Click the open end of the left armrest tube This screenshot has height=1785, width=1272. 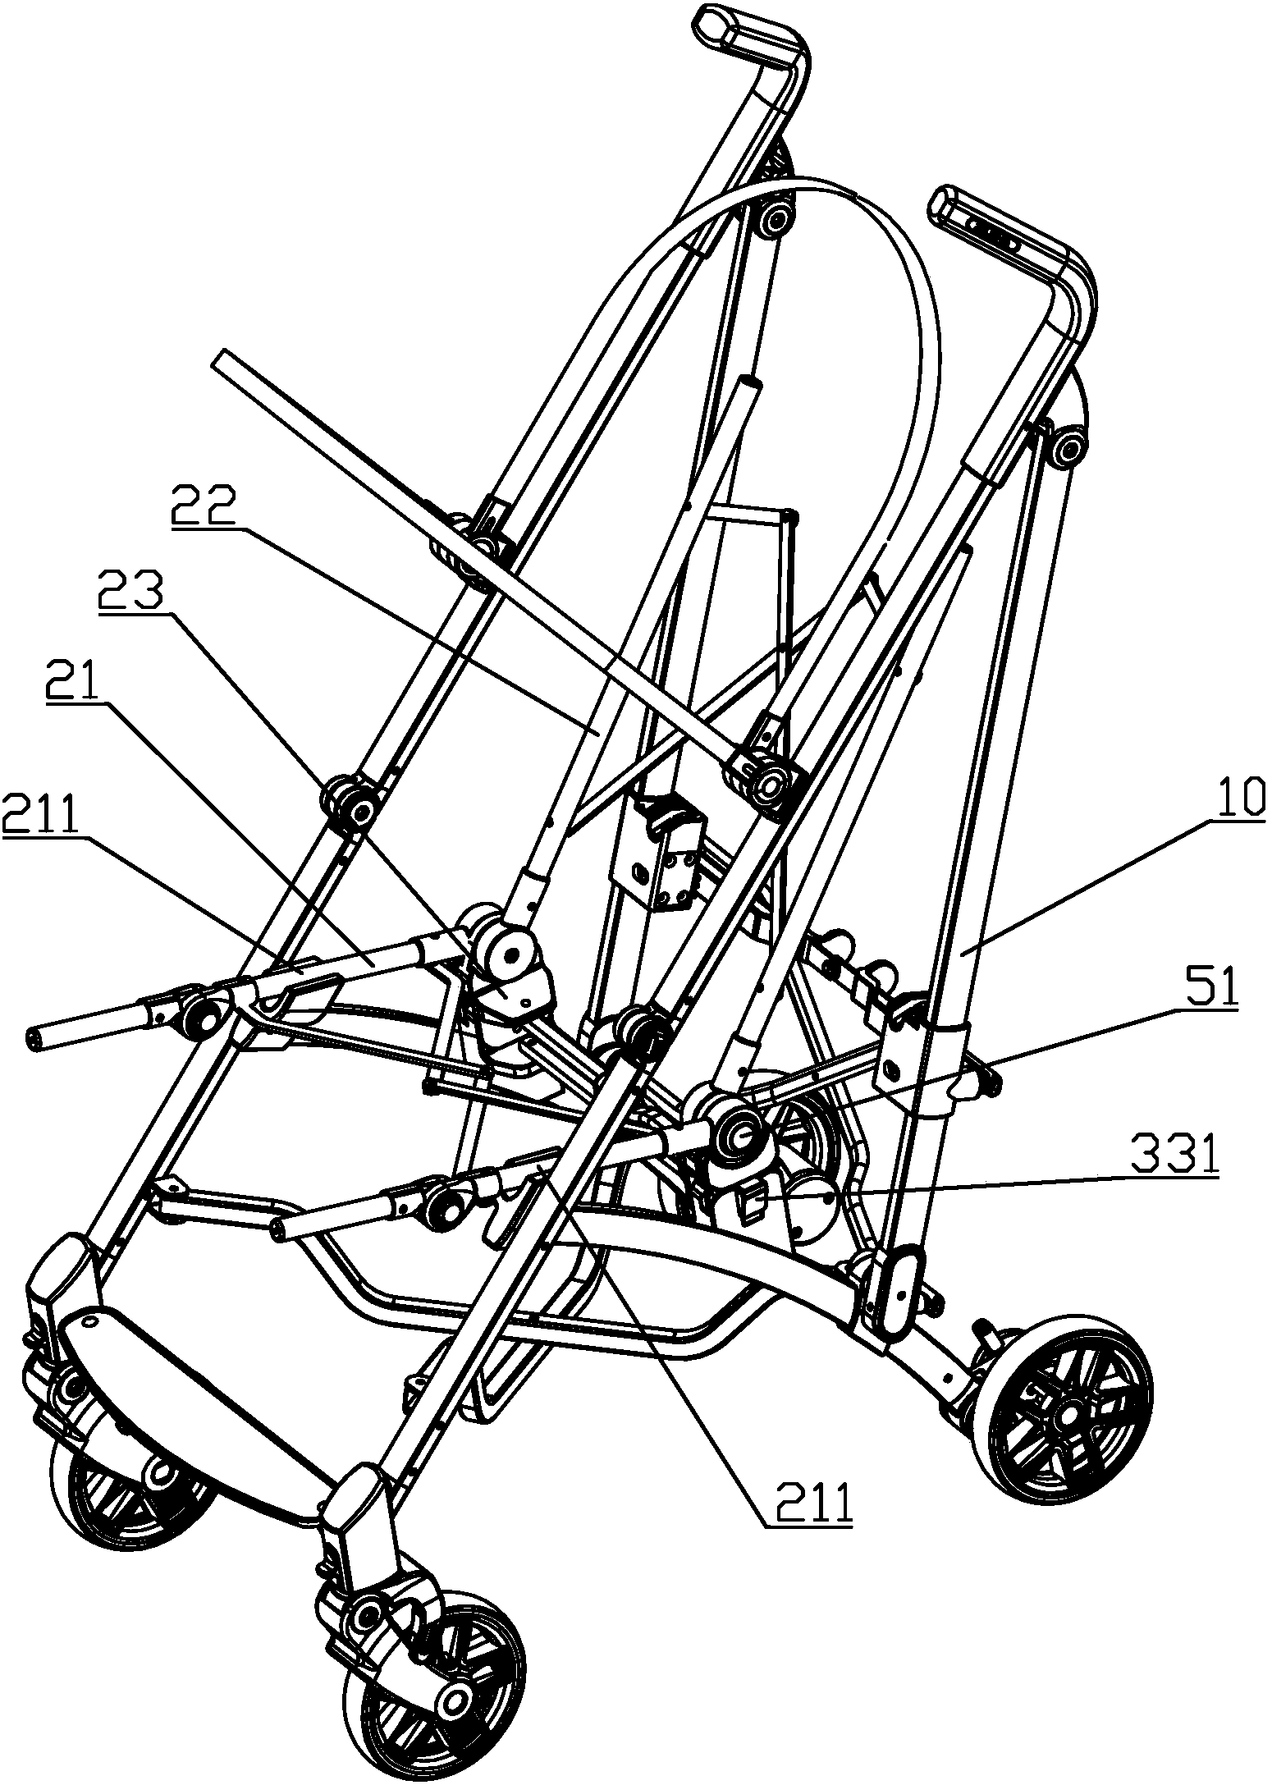coord(35,1040)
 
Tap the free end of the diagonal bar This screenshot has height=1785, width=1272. coord(223,359)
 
